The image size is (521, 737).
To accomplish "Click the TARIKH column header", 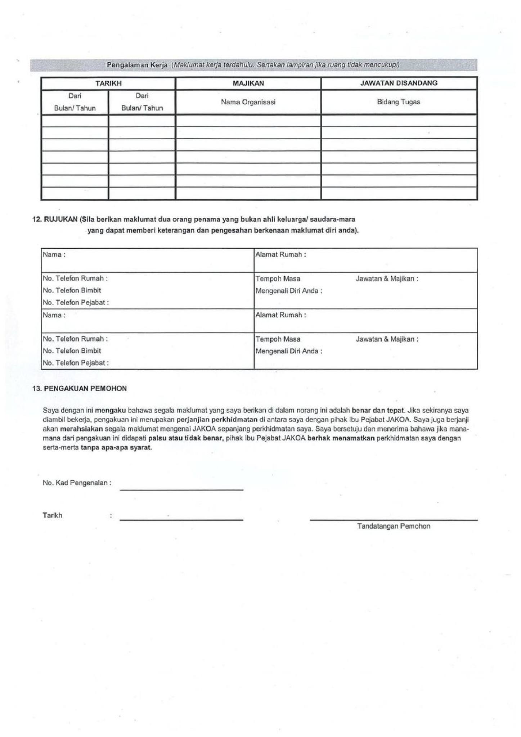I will tap(108, 83).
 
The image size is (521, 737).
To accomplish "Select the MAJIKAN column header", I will tap(248, 83).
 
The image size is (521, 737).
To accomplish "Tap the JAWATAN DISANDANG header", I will tap(399, 83).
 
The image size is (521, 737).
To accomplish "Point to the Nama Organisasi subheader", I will tap(248, 102).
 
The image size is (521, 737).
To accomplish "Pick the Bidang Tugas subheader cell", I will tap(399, 102).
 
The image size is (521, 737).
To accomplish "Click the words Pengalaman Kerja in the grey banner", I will tap(137, 65).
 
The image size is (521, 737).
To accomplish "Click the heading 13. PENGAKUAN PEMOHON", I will tap(80, 388).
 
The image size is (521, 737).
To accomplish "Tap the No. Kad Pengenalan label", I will tap(77, 483).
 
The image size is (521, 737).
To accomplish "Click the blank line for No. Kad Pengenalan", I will tap(181, 489).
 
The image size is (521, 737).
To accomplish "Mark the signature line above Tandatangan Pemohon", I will tap(394, 520).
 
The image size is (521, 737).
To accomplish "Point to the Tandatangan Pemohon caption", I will tap(394, 526).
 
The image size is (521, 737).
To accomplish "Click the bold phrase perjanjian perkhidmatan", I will tap(217, 420).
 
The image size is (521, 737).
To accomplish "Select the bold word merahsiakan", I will tap(81, 429).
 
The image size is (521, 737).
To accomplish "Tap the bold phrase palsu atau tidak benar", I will tap(186, 438).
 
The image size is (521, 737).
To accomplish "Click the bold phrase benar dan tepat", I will tap(378, 410).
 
